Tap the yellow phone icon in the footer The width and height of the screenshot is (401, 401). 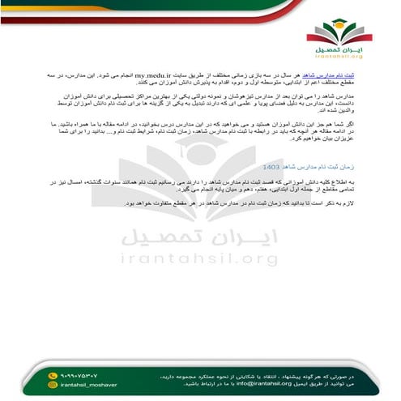click(x=53, y=375)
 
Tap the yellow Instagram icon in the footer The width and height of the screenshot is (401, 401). click(x=53, y=386)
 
